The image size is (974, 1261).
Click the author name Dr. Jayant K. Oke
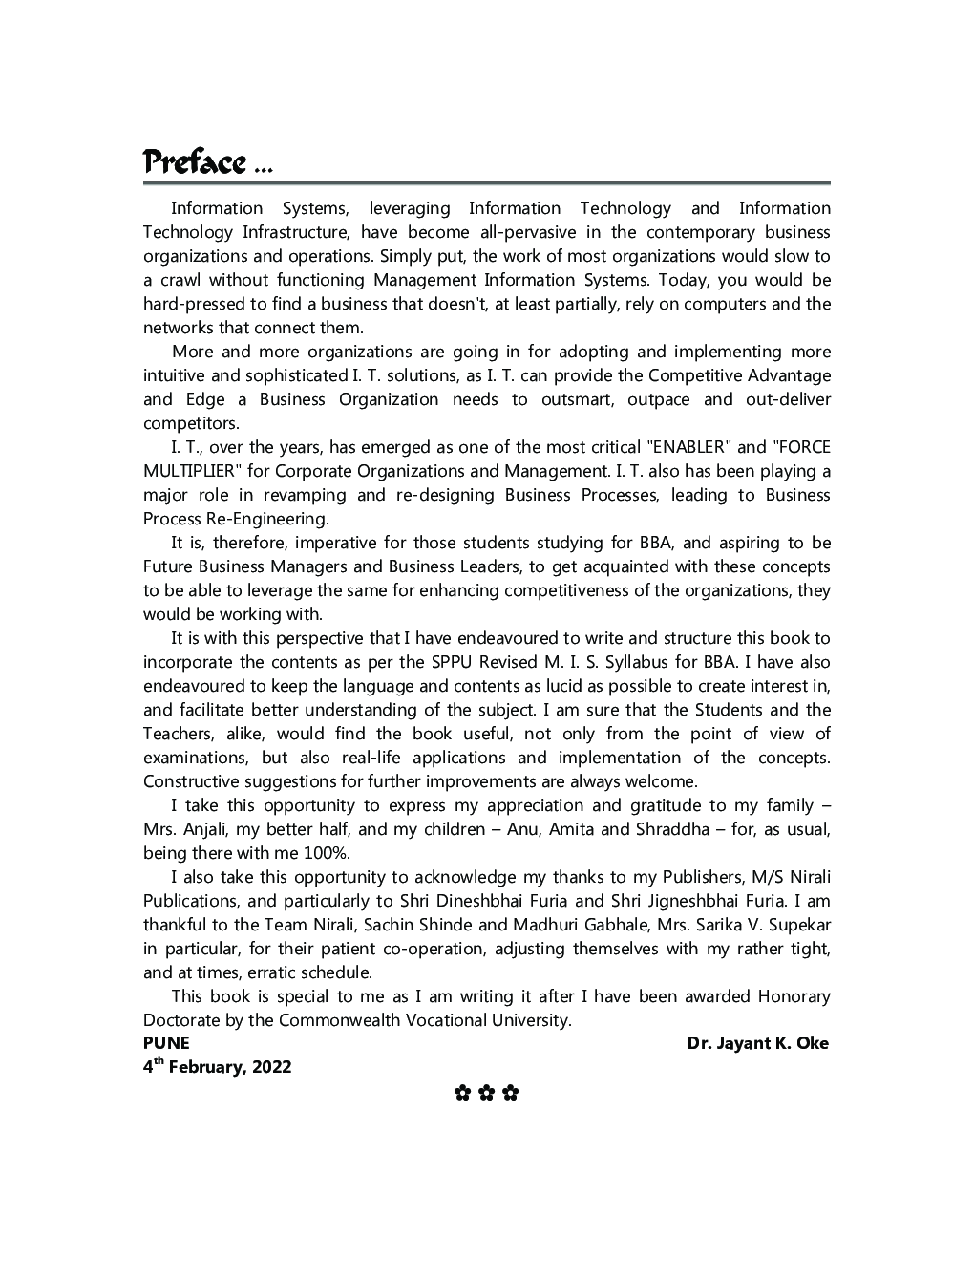pos(757,1043)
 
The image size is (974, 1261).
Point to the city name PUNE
pos(166,1043)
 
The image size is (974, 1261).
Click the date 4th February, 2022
pos(217,1067)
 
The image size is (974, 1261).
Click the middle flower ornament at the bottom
pos(486,1093)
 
